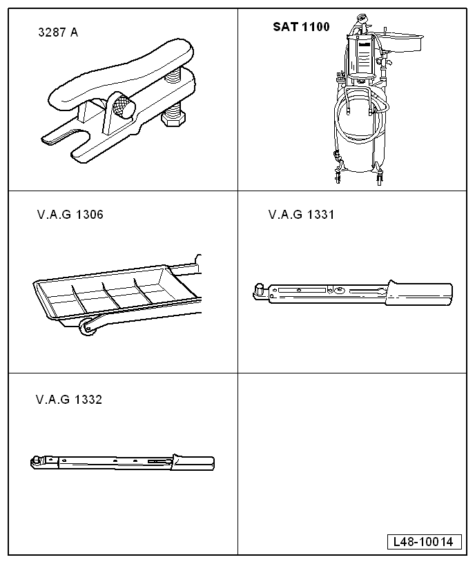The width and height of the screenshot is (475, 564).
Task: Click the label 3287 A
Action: click(x=58, y=32)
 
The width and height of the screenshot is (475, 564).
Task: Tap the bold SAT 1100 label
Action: click(x=301, y=27)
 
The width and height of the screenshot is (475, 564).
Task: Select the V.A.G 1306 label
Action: click(x=70, y=215)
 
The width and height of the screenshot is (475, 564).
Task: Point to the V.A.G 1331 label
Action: click(x=302, y=215)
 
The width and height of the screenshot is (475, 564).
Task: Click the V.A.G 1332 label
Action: click(x=69, y=400)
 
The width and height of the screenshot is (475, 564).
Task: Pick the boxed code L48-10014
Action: click(x=424, y=542)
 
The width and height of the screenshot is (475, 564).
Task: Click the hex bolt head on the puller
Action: click(x=173, y=117)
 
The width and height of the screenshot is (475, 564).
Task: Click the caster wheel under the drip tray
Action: click(x=87, y=327)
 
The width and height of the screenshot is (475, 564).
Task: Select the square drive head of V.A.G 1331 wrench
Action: click(x=259, y=291)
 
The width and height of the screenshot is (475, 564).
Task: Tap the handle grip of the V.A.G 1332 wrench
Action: click(x=193, y=463)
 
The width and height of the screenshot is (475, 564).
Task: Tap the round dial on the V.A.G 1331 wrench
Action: click(x=338, y=290)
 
